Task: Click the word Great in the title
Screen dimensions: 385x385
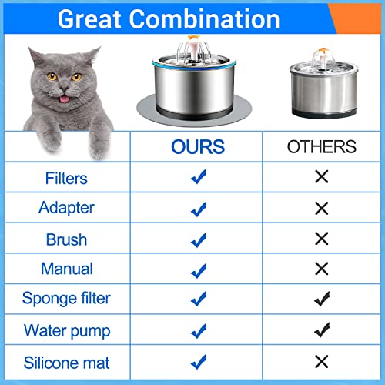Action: (x=93, y=19)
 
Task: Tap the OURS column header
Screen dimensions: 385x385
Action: (x=197, y=146)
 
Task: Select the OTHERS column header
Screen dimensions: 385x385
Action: (x=321, y=146)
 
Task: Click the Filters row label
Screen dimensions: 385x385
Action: (x=66, y=178)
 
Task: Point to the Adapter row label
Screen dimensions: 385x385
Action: (x=66, y=208)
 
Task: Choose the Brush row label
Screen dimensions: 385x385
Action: (x=66, y=239)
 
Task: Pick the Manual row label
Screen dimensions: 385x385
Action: (x=66, y=269)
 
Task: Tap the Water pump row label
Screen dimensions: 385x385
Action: (x=66, y=331)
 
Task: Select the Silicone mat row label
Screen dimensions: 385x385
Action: (x=66, y=362)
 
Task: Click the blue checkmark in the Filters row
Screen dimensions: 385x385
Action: (x=198, y=178)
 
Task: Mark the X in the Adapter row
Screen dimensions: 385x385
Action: (x=321, y=208)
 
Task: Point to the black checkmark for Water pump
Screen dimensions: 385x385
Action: (x=322, y=331)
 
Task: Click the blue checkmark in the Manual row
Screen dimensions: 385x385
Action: (x=198, y=269)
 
